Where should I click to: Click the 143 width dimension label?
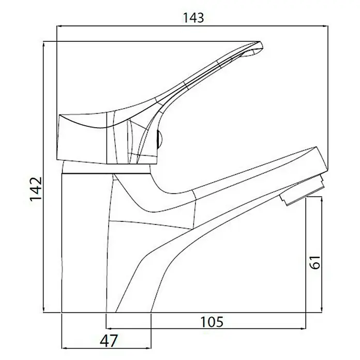click(x=193, y=18)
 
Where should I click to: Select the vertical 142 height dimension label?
click(x=36, y=189)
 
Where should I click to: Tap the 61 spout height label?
click(x=315, y=262)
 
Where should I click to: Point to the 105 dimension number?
click(x=212, y=322)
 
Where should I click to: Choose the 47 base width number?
click(x=109, y=341)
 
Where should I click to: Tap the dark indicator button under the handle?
click(x=159, y=140)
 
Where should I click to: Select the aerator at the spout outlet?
click(x=302, y=190)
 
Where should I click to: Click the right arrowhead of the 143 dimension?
click(x=325, y=26)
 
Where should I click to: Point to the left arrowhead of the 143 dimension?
click(x=59, y=26)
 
